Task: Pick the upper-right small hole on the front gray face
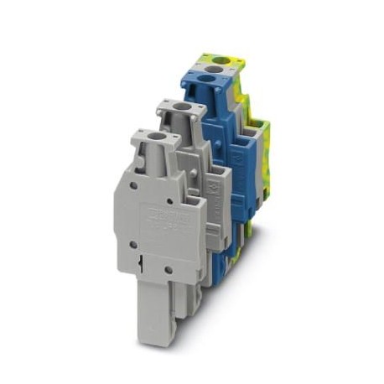coord(170,201)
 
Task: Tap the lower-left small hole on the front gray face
coord(132,244)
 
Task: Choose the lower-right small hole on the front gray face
coord(169,270)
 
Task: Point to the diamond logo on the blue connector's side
coord(243,164)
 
